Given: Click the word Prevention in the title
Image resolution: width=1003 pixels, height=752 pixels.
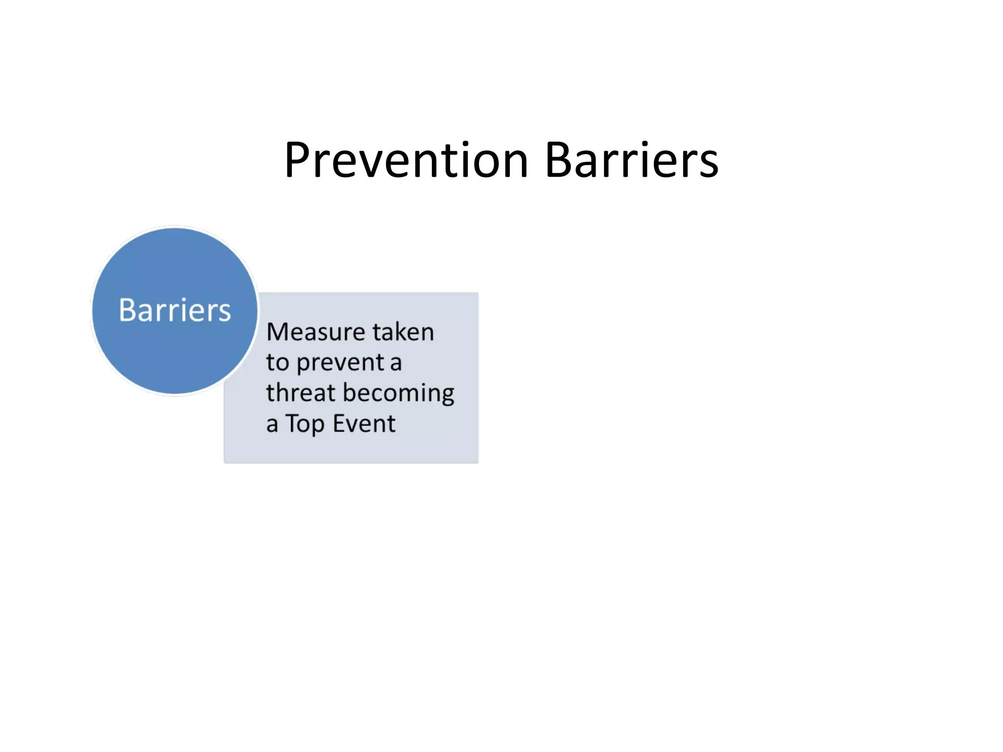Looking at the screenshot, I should point(406,160).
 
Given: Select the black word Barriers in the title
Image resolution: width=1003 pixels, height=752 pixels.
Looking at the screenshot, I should point(631,160).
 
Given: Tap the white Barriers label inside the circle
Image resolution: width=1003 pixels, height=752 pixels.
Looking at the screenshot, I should point(175,310).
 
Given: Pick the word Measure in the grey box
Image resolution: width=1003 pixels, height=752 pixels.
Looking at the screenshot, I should point(315,332).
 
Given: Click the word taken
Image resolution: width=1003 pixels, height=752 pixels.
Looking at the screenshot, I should point(403,332).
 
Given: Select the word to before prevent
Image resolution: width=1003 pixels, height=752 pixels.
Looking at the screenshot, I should point(277,363).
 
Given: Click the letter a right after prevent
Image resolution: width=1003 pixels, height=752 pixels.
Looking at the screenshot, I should point(396,363).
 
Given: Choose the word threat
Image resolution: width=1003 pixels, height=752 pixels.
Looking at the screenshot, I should point(300,393).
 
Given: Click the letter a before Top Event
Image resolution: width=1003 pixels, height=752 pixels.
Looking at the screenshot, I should point(272,424).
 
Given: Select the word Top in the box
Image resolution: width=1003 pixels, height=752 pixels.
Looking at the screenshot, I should point(305,424).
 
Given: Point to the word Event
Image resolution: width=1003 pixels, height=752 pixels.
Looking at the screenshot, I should point(364,423).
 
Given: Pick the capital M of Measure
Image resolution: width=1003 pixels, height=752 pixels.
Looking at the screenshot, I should point(278,332).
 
